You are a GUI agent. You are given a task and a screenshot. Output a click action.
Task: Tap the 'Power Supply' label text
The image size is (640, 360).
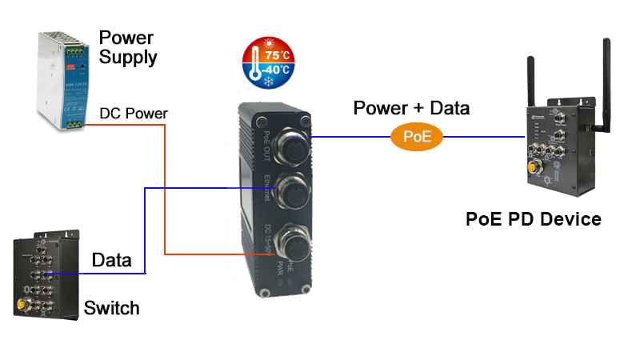point(128,47)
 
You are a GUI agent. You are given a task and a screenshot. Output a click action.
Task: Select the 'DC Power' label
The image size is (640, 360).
point(134,114)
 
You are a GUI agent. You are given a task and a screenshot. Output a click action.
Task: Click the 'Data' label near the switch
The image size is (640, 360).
point(112,259)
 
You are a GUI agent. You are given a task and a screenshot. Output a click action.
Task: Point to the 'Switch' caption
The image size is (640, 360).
point(112,308)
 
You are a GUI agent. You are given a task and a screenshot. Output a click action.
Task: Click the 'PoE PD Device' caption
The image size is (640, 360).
point(533,219)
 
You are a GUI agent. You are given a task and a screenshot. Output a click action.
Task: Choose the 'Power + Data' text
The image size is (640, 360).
point(411,108)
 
